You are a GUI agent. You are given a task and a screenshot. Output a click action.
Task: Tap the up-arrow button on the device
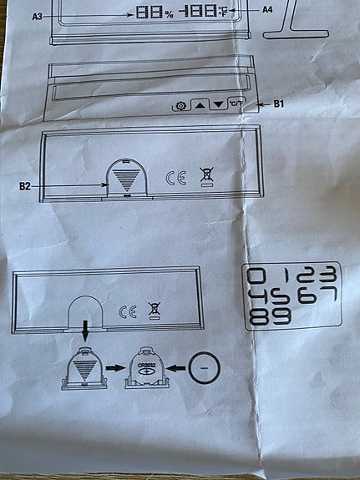200,105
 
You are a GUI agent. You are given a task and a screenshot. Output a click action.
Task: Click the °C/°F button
237,104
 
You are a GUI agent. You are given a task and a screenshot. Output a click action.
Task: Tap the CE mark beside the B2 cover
175,177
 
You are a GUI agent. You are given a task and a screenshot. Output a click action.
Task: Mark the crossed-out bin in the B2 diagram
205,177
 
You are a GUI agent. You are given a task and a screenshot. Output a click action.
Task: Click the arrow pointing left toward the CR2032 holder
175,366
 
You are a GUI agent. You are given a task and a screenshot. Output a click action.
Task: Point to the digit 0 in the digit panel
259,277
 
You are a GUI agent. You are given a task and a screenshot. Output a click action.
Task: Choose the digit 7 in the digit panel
326,298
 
